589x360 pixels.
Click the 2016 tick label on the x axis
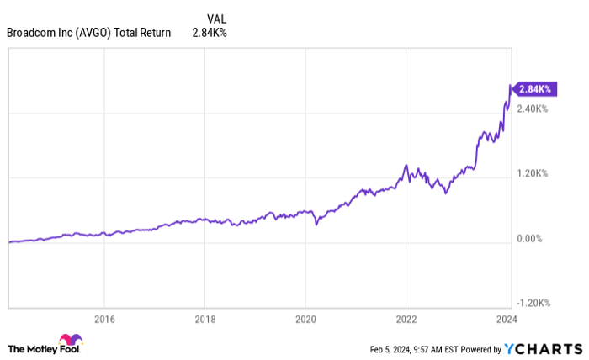103,320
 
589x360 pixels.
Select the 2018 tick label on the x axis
204,320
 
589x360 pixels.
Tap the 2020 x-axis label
305,320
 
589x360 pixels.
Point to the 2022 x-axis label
406,320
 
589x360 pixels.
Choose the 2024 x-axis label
507,320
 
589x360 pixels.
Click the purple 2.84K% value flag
533,88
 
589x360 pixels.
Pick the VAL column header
216,18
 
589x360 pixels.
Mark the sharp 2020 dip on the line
316,225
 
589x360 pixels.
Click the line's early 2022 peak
406,166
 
